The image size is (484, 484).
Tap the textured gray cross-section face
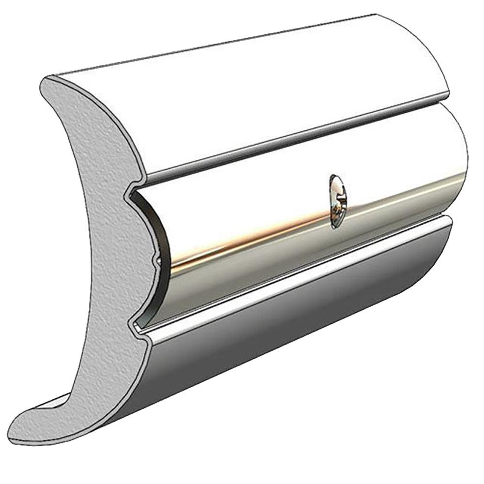87,242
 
